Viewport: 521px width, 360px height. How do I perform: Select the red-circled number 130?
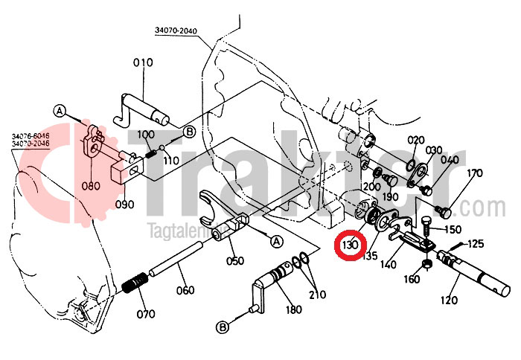350,245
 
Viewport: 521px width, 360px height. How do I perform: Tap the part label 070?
145,313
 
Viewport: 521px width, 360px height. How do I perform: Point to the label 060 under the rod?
185,290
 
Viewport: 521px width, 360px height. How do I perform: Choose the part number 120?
450,301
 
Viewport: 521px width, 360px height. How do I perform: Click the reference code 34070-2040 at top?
177,30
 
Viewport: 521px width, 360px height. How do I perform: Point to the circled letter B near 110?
189,132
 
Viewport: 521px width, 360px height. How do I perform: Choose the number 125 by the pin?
475,243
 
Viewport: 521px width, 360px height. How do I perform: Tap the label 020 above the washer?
415,140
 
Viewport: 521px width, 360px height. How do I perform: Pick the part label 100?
146,134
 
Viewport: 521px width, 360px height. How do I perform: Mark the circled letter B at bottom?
223,327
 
